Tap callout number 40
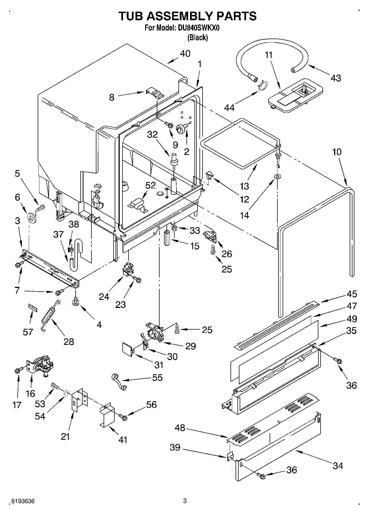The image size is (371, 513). (185, 54)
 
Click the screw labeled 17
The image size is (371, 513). (18, 370)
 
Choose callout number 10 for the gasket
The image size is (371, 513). (337, 152)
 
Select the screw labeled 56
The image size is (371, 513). (123, 416)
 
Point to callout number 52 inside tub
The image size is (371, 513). (150, 185)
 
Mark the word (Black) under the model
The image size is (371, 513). (197, 37)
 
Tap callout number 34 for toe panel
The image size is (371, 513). (338, 466)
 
